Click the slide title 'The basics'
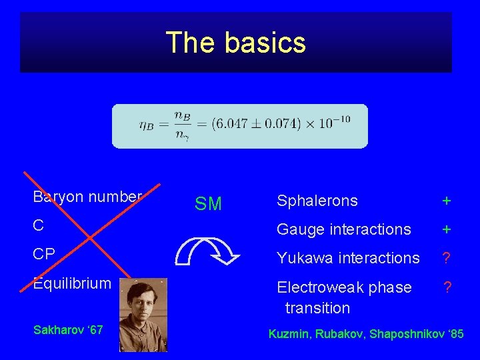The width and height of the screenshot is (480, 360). (236, 43)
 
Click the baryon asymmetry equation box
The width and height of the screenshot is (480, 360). (240, 125)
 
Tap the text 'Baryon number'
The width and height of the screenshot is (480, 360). (87, 197)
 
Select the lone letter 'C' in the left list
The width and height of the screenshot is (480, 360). (38, 225)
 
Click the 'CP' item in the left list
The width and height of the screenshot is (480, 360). (43, 255)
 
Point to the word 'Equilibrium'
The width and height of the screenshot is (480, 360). (72, 283)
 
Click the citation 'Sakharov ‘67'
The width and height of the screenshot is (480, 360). (67, 329)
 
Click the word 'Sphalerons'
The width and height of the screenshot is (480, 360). (317, 201)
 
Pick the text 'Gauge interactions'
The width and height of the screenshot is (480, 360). (344, 229)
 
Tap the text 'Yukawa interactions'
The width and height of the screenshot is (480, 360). (348, 258)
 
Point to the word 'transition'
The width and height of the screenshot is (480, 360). (317, 308)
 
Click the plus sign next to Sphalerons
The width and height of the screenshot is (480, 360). (447, 201)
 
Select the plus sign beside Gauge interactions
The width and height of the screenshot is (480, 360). (447, 229)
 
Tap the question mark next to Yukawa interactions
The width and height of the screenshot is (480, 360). (447, 258)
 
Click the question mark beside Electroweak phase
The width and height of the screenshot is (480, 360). (447, 287)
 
